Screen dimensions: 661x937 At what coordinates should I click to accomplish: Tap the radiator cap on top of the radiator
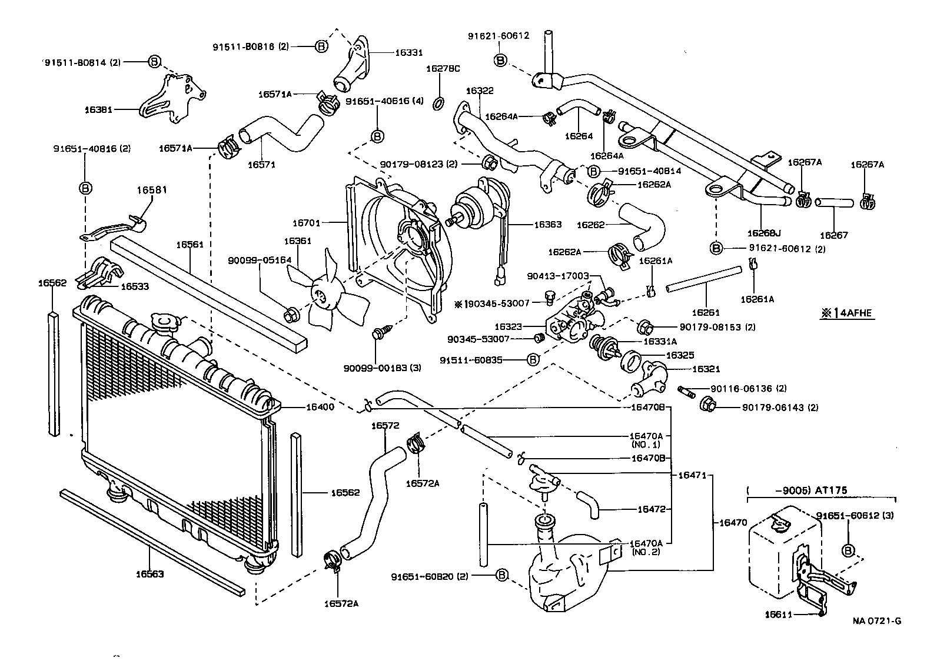pyautogui.click(x=165, y=322)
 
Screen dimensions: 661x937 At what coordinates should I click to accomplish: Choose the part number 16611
pyautogui.click(x=780, y=615)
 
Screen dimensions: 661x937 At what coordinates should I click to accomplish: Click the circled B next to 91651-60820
pyautogui.click(x=501, y=576)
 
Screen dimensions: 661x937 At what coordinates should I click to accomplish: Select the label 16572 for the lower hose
pyautogui.click(x=386, y=425)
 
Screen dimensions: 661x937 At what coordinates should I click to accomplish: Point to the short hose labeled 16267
pyautogui.click(x=833, y=203)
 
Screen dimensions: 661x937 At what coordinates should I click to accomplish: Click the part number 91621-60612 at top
pyautogui.click(x=499, y=35)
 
